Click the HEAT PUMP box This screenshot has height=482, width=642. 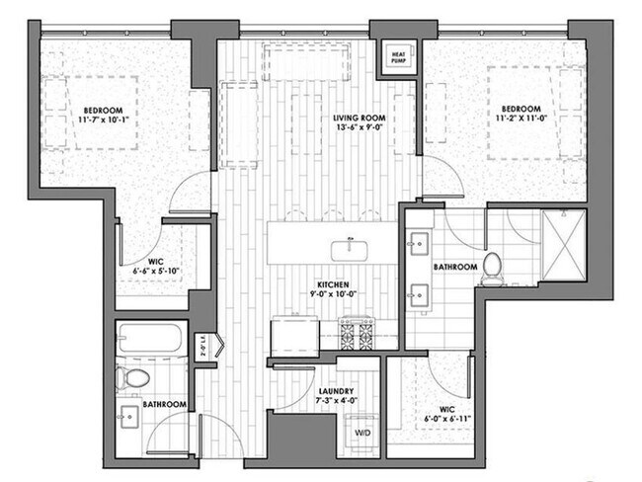click(399, 59)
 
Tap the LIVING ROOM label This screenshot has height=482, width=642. click(359, 118)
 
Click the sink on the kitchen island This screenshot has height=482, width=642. click(349, 244)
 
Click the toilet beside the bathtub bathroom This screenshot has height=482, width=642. click(131, 377)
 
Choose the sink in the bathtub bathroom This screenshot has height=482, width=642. click(129, 412)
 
